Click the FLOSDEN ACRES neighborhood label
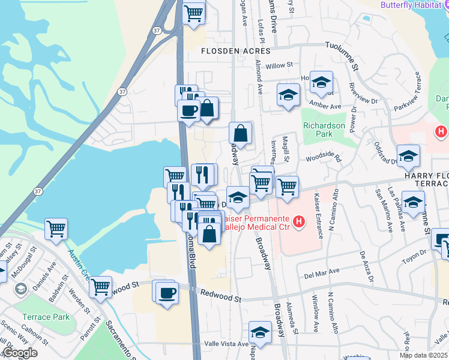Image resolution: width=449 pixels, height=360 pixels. (x=231, y=51)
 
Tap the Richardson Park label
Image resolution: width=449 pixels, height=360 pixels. (x=324, y=130)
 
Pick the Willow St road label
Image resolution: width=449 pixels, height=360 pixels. (x=279, y=65)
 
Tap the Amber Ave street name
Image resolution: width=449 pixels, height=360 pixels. (x=326, y=106)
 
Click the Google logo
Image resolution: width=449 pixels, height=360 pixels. (x=20, y=353)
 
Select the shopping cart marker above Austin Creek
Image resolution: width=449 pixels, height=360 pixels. (x=56, y=228)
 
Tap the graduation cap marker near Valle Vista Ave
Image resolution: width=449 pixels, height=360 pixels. (x=260, y=332)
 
